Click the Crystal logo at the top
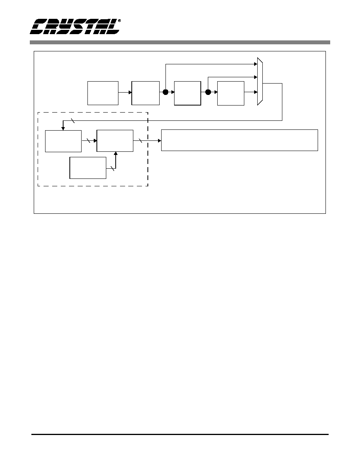pos(75,26)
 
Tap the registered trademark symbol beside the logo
pos(119,21)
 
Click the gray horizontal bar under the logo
pos(180,42)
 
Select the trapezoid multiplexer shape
pos(260,81)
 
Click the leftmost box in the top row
pos(103,93)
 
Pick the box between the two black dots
pos(187,93)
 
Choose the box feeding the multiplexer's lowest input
pos(231,93)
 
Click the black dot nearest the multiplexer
pos(208,92)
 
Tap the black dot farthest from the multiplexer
pos(165,92)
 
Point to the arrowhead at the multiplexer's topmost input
pos(255,64)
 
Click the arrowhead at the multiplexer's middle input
pos(255,77)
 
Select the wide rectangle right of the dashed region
pos(239,140)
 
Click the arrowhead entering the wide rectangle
pos(159,140)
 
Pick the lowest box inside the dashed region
pos(88,168)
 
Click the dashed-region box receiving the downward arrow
pos(63,141)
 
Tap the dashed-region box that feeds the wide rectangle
pos(115,141)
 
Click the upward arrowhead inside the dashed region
pos(116,154)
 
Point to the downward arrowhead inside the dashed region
pos(63,128)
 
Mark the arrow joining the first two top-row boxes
pos(125,93)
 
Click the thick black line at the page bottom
pos(180,435)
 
